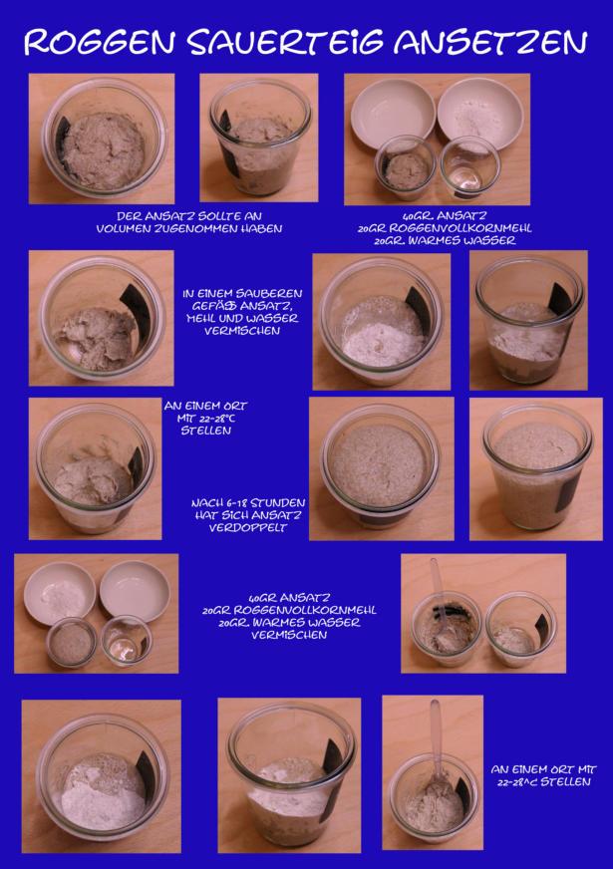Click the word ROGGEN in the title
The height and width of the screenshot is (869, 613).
[100, 42]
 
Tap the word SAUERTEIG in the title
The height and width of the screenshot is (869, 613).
[285, 42]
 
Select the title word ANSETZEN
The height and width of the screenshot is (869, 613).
[490, 42]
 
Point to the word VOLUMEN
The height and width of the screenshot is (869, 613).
[119, 228]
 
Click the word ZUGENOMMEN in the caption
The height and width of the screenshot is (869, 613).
[191, 228]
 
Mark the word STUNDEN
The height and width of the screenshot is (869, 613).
[277, 502]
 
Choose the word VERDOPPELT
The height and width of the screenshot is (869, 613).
[248, 527]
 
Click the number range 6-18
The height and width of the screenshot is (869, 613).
[234, 502]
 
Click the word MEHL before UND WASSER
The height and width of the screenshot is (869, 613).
[200, 318]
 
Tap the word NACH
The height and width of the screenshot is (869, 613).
[205, 502]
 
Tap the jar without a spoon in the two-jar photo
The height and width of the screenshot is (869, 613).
[521, 629]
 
